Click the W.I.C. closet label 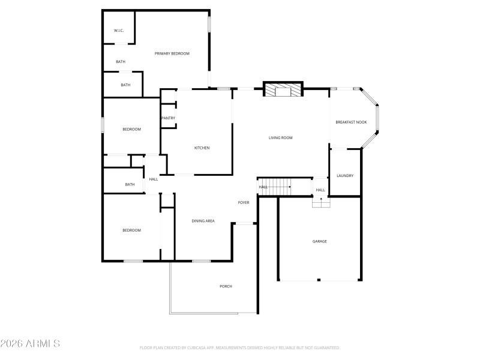[x=118, y=31]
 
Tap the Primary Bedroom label [x=172, y=54]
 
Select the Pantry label [x=168, y=118]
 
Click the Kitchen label [x=202, y=148]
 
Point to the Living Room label [x=280, y=138]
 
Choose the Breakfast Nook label [x=351, y=122]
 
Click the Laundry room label [x=345, y=176]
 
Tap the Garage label [x=319, y=241]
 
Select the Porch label [x=226, y=286]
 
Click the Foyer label [x=244, y=203]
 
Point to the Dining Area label [x=203, y=221]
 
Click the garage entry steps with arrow [x=321, y=202]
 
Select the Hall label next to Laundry [x=320, y=190]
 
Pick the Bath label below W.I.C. [x=121, y=62]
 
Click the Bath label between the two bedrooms [x=130, y=185]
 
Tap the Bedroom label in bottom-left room [x=131, y=230]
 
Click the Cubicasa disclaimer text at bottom [x=240, y=348]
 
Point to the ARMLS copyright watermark [x=30, y=344]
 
